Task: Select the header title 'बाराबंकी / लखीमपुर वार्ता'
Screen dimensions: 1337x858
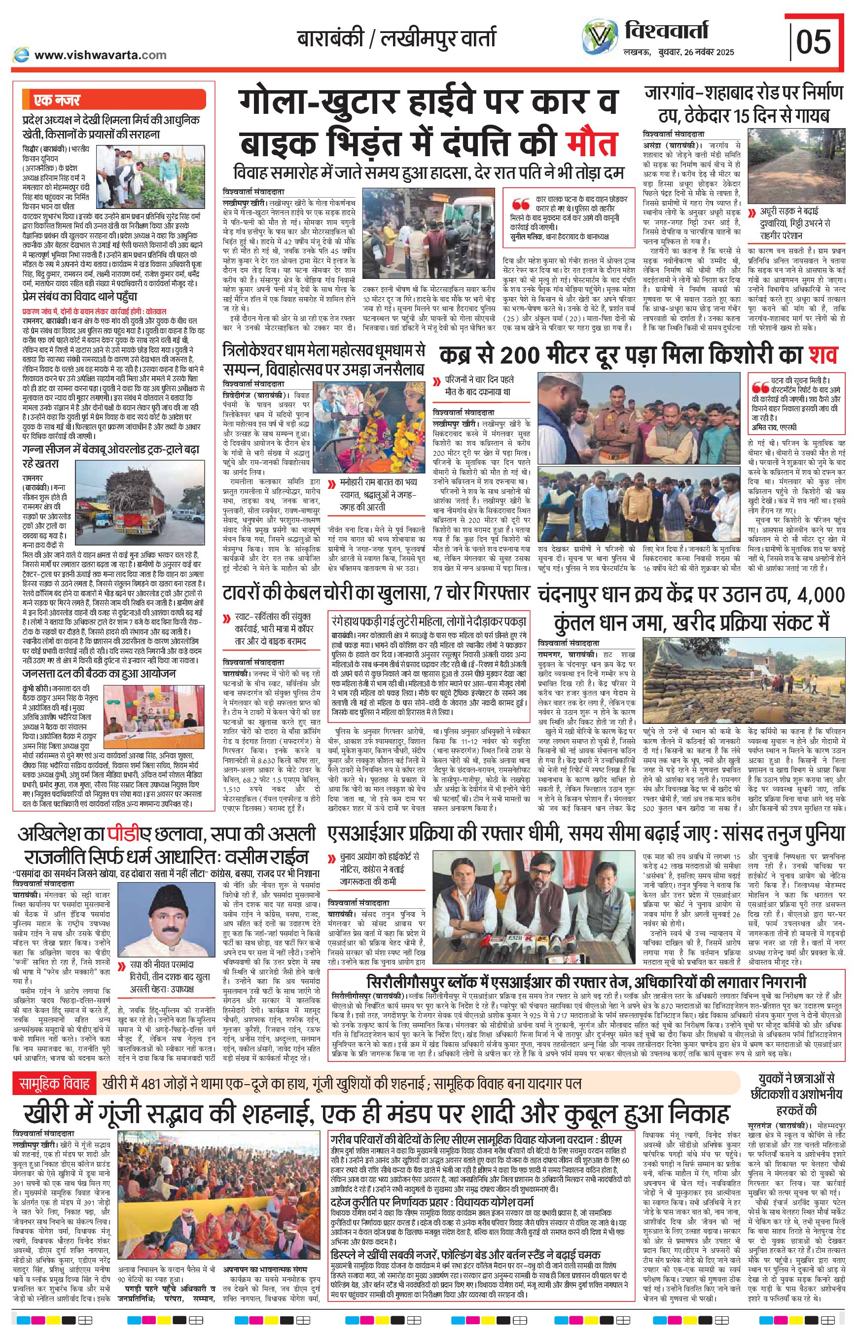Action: [395, 39]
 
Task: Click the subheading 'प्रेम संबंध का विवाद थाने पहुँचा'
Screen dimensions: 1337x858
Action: [80, 297]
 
